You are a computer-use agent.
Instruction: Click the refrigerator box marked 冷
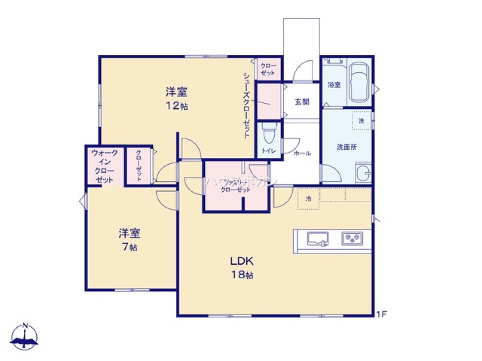click(308, 199)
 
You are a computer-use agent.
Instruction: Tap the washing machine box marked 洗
click(361, 120)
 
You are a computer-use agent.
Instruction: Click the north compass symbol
click(25, 336)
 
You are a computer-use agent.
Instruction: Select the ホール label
click(302, 154)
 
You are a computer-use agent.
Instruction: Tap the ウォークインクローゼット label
click(104, 166)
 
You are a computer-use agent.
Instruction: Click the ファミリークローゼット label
click(236, 186)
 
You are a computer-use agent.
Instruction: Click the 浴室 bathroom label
click(334, 85)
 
